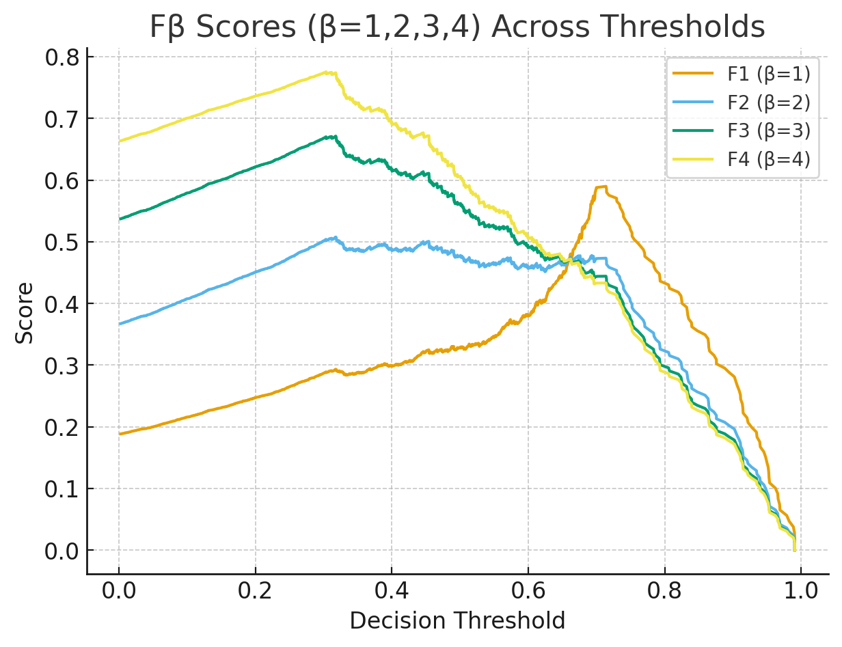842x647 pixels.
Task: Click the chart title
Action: coord(457,27)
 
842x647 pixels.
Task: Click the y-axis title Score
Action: coord(25,313)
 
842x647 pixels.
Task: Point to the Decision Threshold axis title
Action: coord(457,620)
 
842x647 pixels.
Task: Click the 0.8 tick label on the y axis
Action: coord(62,57)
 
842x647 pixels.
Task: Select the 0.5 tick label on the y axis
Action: coord(62,243)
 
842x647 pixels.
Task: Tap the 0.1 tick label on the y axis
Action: coord(62,489)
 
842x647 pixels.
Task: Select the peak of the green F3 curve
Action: coord(334,136)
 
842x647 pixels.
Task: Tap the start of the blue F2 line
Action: coord(120,324)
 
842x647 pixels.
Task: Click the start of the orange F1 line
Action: coord(120,434)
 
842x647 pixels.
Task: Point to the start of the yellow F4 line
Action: coord(120,141)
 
